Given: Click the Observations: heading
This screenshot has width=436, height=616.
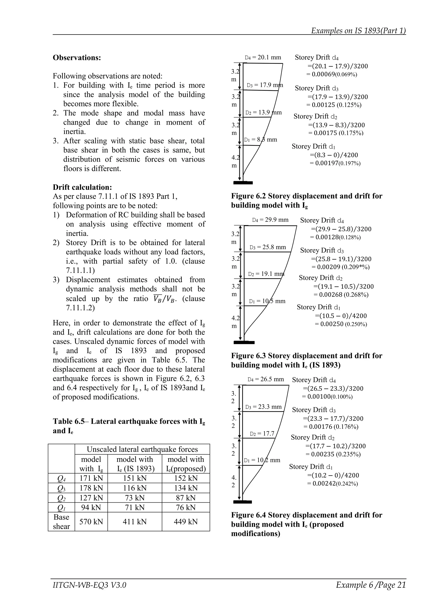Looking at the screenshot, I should tap(77, 58).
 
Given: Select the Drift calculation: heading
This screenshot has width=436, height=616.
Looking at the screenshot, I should tap(82, 187).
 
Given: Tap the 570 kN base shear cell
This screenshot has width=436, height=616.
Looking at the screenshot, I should tap(91, 522).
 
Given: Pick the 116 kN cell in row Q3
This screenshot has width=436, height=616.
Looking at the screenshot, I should tap(135, 488).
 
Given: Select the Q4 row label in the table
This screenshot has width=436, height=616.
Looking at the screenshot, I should tap(61, 478).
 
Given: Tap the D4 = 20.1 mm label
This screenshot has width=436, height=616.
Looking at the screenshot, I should tap(263, 57).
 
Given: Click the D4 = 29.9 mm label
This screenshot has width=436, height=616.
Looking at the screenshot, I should tap(270, 220).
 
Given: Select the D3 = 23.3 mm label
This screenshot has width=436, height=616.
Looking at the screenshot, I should tap(263, 407).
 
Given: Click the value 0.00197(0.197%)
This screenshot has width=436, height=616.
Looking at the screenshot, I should tap(335, 163).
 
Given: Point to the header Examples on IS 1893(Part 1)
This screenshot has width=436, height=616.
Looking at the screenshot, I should tap(358, 31).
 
